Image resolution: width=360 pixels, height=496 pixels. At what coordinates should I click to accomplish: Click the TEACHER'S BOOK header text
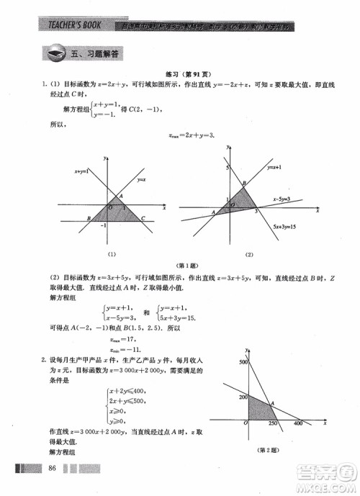point(69,26)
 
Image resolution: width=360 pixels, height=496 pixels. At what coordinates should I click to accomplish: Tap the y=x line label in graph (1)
point(143,179)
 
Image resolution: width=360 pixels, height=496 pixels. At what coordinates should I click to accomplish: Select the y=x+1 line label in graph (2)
point(273,167)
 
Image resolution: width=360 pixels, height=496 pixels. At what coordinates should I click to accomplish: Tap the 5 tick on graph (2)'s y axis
point(225,168)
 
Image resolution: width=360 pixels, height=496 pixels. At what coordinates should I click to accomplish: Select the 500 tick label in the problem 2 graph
point(243,361)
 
